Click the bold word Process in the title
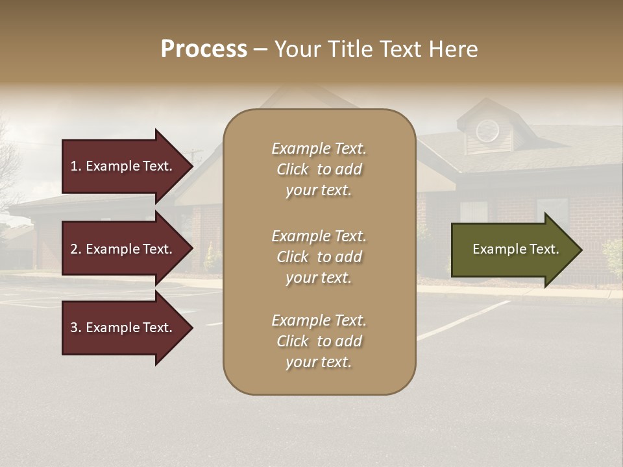click(x=204, y=49)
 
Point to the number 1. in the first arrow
click(x=76, y=166)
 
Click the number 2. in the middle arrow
click(x=76, y=249)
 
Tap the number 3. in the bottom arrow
click(x=76, y=328)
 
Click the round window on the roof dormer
click(x=487, y=131)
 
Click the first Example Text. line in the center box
click(x=319, y=149)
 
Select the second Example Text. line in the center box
click(x=319, y=236)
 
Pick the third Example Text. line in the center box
click(x=319, y=320)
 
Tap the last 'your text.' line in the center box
click(x=319, y=362)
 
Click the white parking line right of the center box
click(x=461, y=321)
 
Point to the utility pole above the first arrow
click(x=193, y=156)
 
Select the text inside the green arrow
click(x=516, y=249)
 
